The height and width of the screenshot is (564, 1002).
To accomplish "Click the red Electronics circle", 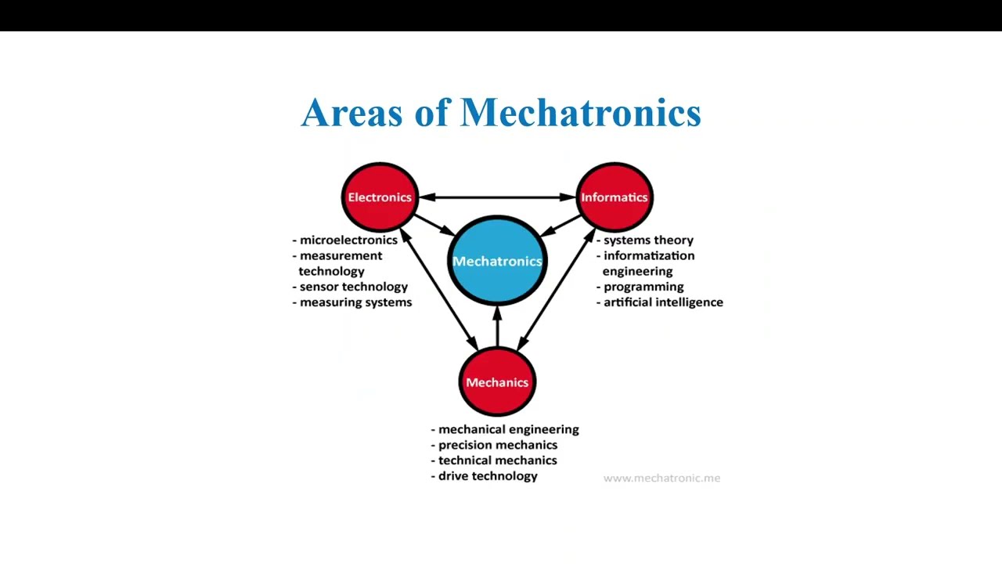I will tap(380, 197).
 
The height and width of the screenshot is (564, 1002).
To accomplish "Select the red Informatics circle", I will tap(615, 197).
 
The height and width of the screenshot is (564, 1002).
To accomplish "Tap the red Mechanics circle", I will tap(497, 382).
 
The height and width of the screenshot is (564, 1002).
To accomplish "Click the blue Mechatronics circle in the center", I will tap(497, 261).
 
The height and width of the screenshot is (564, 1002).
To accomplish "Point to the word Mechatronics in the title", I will tap(580, 113).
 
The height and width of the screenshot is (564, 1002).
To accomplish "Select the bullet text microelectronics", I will tap(348, 240).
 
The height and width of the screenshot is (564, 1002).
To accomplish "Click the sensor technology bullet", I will tap(353, 287).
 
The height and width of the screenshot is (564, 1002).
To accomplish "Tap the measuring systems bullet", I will tap(355, 302).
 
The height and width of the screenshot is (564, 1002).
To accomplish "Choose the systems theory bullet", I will tap(648, 240).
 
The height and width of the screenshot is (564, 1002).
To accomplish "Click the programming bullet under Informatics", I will tap(643, 287).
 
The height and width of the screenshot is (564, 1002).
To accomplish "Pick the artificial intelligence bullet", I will tap(663, 302).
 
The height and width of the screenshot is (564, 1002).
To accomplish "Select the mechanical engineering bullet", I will tap(508, 429).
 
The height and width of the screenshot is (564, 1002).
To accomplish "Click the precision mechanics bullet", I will tap(498, 445).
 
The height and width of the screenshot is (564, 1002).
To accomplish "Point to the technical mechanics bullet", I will tap(497, 461).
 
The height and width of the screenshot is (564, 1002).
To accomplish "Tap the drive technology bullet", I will tap(488, 476).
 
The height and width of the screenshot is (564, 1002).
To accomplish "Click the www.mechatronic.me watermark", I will tap(661, 478).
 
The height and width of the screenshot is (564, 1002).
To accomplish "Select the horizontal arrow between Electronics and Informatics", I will tap(497, 197).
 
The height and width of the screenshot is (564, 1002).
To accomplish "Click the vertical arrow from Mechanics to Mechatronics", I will tap(497, 327).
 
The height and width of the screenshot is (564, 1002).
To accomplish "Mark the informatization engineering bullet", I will tap(648, 263).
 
